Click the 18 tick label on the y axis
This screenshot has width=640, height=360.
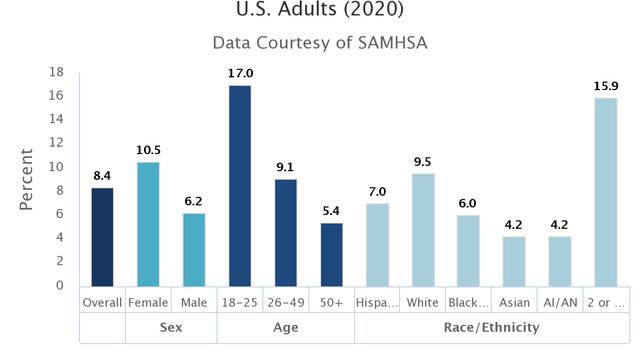(57, 72)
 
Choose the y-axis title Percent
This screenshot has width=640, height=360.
(27, 179)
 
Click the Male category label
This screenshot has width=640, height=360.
(194, 301)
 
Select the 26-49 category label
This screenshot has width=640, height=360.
(285, 301)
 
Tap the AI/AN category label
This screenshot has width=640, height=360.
(558, 301)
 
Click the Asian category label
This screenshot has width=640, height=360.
(513, 301)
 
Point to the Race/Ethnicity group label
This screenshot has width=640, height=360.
(490, 327)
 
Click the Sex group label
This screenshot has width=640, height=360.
(171, 327)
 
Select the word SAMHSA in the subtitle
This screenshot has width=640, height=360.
(391, 43)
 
